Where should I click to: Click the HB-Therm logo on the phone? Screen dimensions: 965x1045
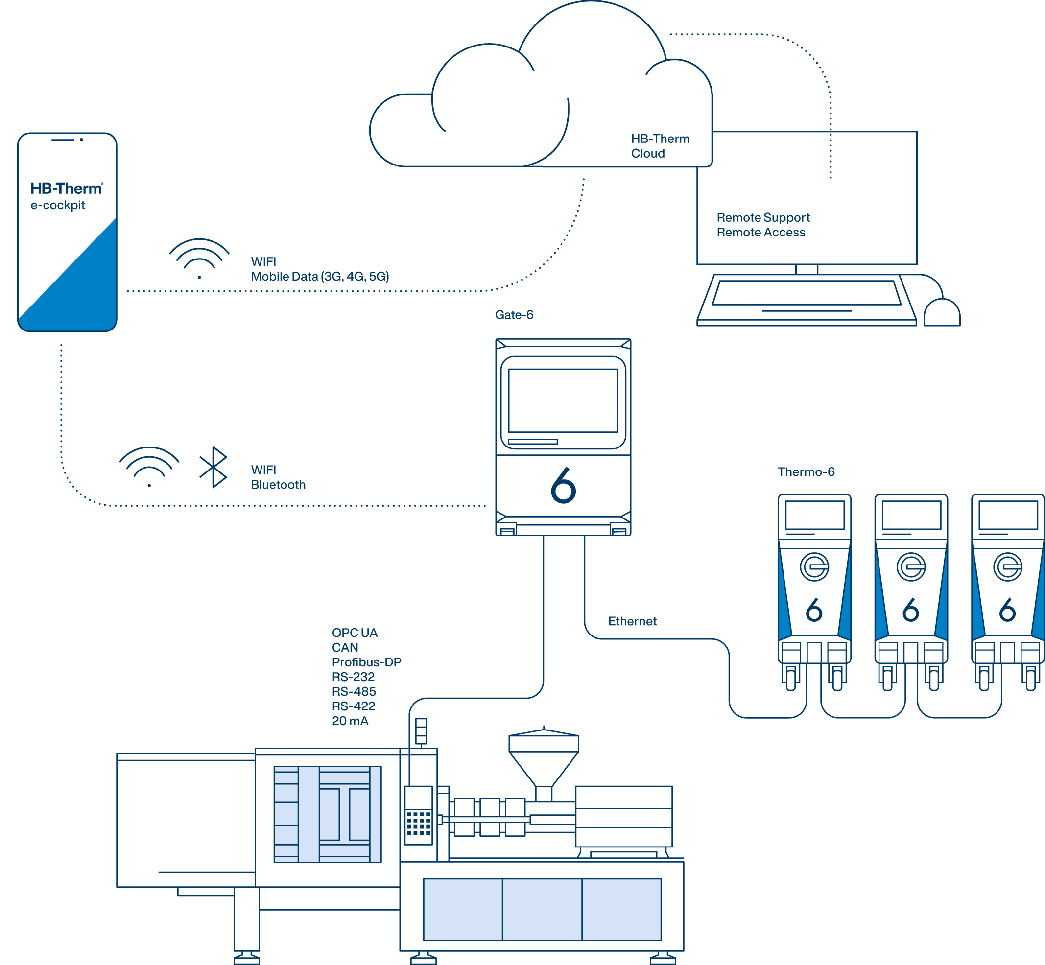point(66,188)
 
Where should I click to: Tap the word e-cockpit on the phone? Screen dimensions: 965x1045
point(57,205)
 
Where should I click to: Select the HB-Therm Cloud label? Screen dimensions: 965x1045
point(660,146)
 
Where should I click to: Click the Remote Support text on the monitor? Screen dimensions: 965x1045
point(762,217)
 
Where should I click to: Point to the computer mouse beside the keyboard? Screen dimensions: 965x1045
point(941,313)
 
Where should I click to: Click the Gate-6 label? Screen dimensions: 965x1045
point(514,315)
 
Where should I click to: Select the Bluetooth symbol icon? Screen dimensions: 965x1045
point(214,467)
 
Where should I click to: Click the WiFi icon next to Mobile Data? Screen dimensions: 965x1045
point(199,259)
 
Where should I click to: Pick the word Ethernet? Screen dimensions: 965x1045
point(632,621)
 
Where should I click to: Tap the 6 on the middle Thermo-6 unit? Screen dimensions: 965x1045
point(910,610)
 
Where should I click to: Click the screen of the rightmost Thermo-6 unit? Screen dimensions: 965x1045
point(1007,515)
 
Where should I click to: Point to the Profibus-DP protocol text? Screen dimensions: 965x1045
point(366,662)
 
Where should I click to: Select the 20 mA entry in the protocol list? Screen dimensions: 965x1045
point(350,721)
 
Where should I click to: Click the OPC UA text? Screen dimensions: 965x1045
point(354,633)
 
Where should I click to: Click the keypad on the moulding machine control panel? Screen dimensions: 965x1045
point(418,824)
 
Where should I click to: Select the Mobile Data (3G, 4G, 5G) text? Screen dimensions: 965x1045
point(320,277)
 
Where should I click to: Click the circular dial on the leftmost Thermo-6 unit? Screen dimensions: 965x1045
point(814,566)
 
